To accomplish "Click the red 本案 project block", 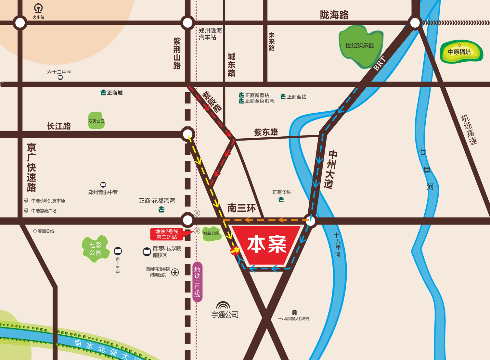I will pos(266,244).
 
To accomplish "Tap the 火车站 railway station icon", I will pos(38,8).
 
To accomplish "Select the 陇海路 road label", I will pos(334,15).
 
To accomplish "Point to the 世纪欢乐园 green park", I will pos(360,45).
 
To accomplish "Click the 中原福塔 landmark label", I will pos(459,52).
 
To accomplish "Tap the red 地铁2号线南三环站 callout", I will pos(167,234).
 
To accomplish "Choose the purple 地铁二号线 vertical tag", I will pos(197,282).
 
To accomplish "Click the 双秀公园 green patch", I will pos(96,121).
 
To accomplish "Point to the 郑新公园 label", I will pos(211,233).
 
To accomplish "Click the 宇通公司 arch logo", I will pos(223,306).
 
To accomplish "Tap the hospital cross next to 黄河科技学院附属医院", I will pos(175,272).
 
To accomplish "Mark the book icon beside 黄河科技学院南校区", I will pos(147,252).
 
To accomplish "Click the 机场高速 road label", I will pos(469,130).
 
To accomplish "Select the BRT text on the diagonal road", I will pos(379,63).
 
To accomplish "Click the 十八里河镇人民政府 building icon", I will pos(294,312).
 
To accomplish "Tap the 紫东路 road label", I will pos(266,132).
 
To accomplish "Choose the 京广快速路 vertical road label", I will pos(32,167).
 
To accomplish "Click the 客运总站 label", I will pos(46,231).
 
